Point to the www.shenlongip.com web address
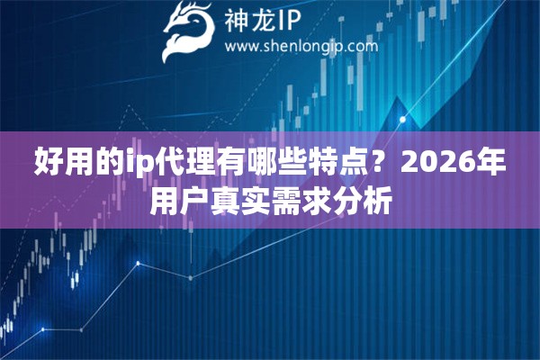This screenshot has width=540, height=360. tap(300, 45)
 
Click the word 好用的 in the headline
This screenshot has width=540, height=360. tap(78, 163)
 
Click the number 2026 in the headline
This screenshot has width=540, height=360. tap(438, 163)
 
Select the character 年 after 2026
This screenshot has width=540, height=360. tap(490, 163)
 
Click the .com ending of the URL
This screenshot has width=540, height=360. tap(360, 45)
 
